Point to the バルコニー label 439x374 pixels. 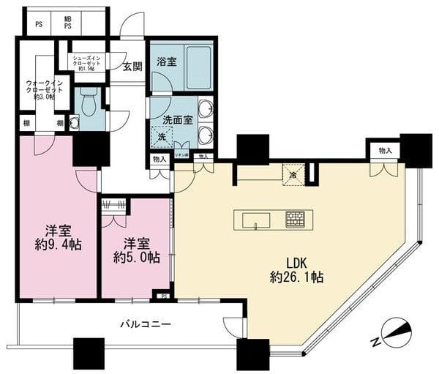point(146,323)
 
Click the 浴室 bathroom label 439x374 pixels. point(166,62)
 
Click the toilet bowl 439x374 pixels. point(88,104)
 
